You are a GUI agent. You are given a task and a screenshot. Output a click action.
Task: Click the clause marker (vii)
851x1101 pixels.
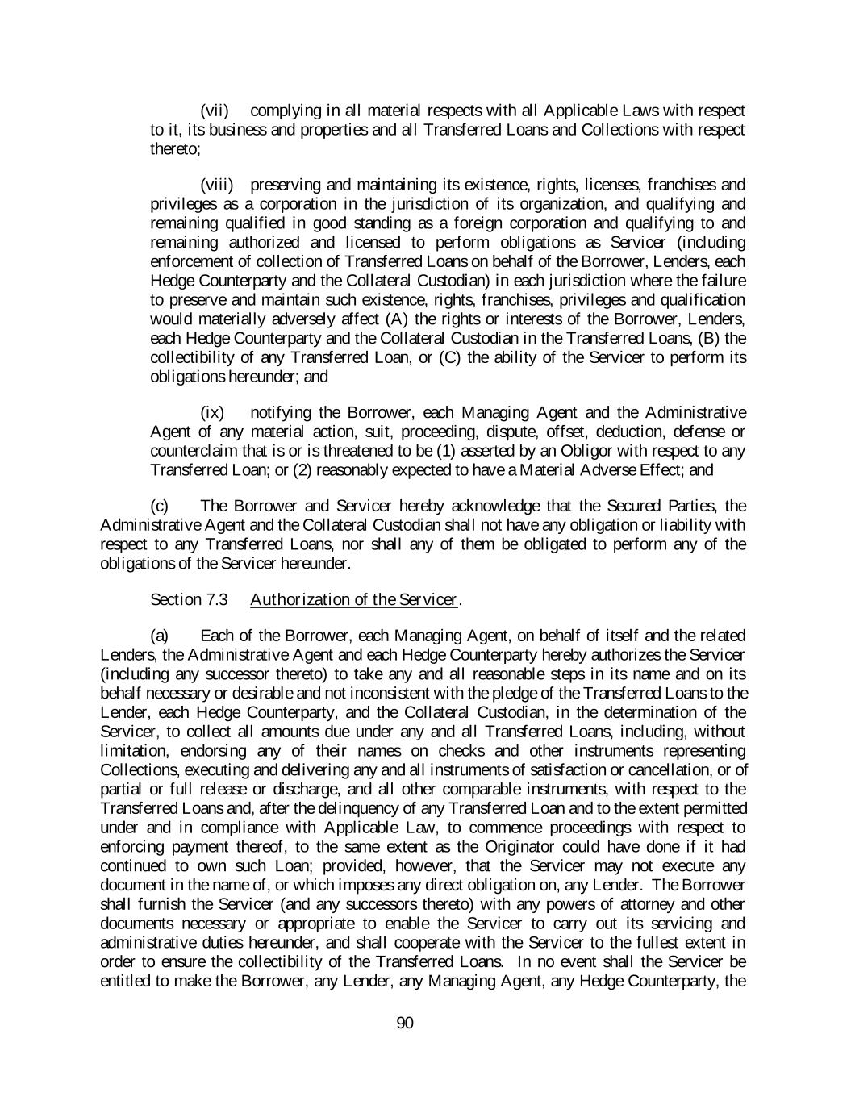[215, 111]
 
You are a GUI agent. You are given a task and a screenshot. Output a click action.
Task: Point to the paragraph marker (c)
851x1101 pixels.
[159, 506]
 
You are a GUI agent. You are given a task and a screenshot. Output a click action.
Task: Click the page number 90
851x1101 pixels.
[405, 1024]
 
